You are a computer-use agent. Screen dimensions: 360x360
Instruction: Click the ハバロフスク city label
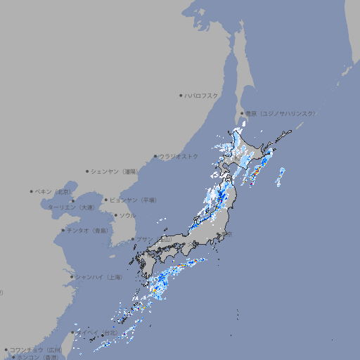[202, 95]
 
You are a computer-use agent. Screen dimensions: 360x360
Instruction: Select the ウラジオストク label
[179, 156]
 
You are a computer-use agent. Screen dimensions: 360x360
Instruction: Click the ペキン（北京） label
[54, 191]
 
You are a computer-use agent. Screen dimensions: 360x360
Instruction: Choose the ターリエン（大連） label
[71, 207]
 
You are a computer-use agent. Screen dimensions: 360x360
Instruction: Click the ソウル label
[127, 215]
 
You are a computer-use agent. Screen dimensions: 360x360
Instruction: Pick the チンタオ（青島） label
[88, 230]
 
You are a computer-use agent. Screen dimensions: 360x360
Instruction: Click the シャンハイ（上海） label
[98, 277]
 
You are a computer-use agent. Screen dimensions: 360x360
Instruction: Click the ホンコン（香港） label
[37, 357]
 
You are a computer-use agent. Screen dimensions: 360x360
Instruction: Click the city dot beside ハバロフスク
[181, 95]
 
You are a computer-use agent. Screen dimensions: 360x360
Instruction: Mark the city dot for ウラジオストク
[155, 156]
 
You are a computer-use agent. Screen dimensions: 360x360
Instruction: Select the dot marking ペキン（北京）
[32, 191]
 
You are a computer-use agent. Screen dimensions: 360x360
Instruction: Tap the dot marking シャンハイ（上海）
[72, 277]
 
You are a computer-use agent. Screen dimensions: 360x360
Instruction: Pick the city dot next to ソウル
[116, 215]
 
